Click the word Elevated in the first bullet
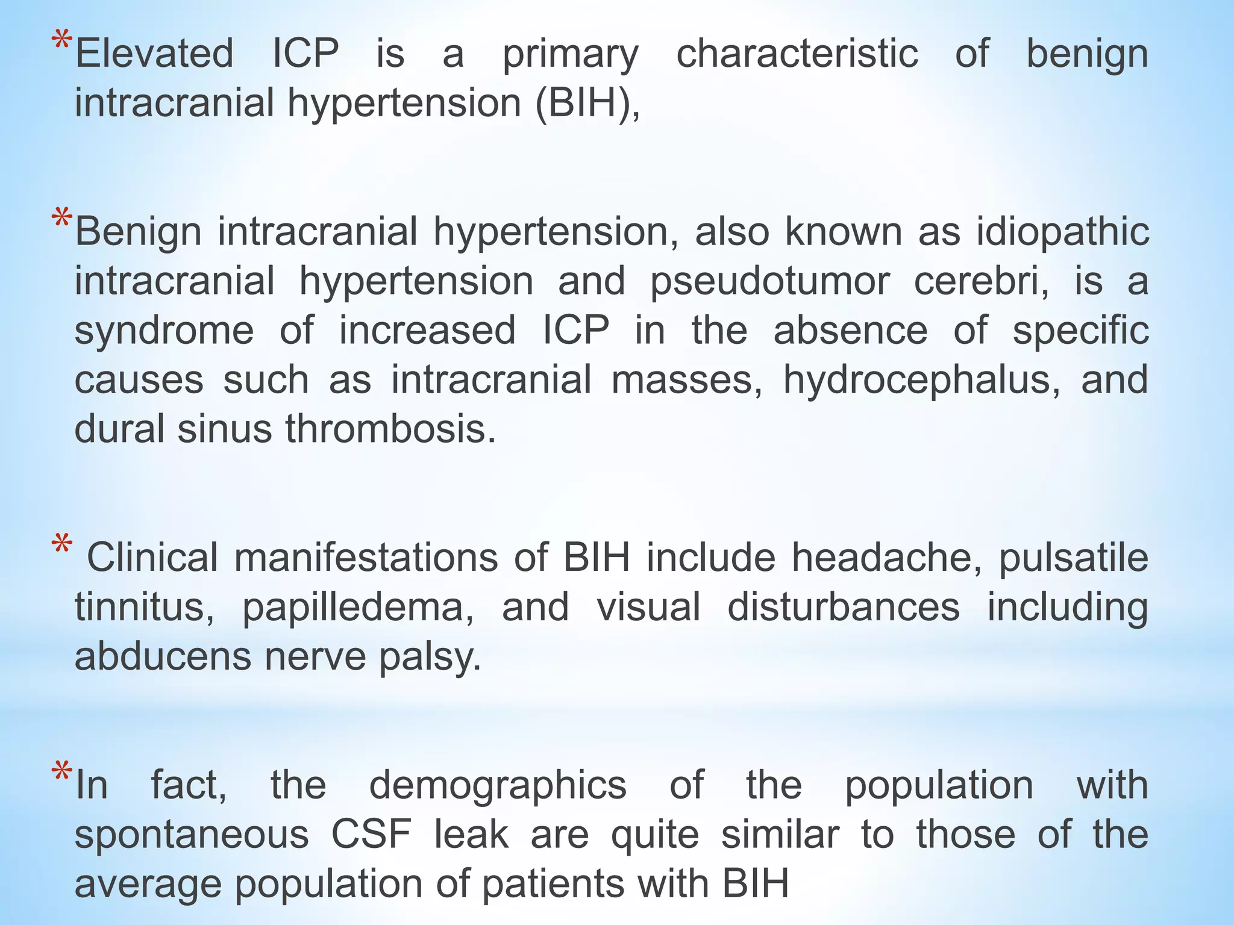tap(154, 54)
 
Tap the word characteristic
tap(797, 54)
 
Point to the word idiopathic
tap(1062, 232)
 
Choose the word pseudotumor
tap(769, 282)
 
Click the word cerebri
tap(982, 282)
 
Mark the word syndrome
tap(164, 331)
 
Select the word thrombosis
tap(390, 429)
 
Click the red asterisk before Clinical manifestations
tap(62, 546)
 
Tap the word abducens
tap(163, 656)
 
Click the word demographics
tap(498, 786)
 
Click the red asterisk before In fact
tap(61, 773)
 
